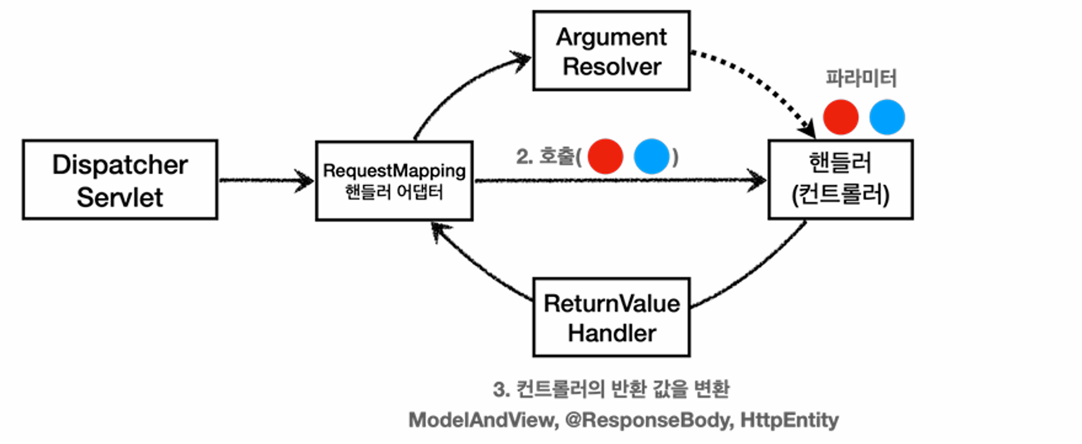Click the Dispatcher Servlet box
120,180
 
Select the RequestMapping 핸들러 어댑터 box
394,181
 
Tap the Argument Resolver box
611,51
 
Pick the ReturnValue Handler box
611,318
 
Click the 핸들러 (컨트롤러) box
840,180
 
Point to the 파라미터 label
861,79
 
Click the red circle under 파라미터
841,117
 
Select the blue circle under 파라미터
887,117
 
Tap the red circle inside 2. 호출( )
605,156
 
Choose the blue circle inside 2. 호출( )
651,156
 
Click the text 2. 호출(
548,157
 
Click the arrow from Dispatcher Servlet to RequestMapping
265,180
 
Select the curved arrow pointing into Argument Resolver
460,87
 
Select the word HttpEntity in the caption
789,420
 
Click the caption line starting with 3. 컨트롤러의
611,389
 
